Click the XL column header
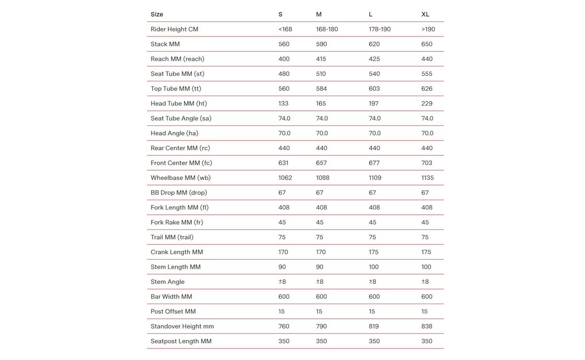[x=425, y=15]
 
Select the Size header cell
[x=157, y=15]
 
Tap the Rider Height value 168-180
[x=327, y=29]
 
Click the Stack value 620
[x=375, y=44]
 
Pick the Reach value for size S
[x=284, y=59]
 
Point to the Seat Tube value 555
[x=427, y=74]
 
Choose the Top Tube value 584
[x=321, y=89]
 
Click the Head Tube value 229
[x=427, y=103]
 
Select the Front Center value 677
[x=374, y=163]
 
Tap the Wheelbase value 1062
[x=285, y=178]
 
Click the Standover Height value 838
[x=427, y=327]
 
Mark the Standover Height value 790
[x=321, y=327]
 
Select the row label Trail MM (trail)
[x=172, y=237]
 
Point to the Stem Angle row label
[x=167, y=282]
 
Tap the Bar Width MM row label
[x=171, y=297]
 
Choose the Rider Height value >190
[x=428, y=29]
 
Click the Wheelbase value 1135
[x=428, y=178]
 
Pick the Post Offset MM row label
[x=173, y=311]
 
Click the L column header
[x=371, y=15]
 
